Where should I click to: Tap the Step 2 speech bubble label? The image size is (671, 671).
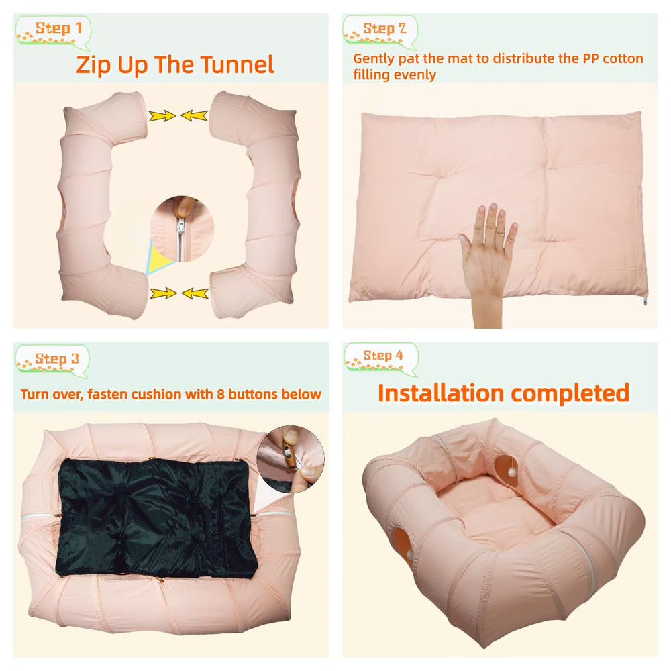coord(380,32)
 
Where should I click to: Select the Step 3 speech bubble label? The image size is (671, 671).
coord(52,361)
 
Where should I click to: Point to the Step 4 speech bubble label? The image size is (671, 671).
coord(381,358)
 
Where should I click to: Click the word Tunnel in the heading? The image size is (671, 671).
coord(237,64)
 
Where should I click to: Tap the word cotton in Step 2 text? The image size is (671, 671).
coord(623,58)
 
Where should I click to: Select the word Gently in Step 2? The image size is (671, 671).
coord(374,59)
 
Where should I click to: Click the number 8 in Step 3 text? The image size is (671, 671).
coord(220,394)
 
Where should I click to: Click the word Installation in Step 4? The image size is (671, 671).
coord(441,393)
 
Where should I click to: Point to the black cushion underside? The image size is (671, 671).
coord(156,519)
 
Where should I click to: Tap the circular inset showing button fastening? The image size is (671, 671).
coord(291,459)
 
